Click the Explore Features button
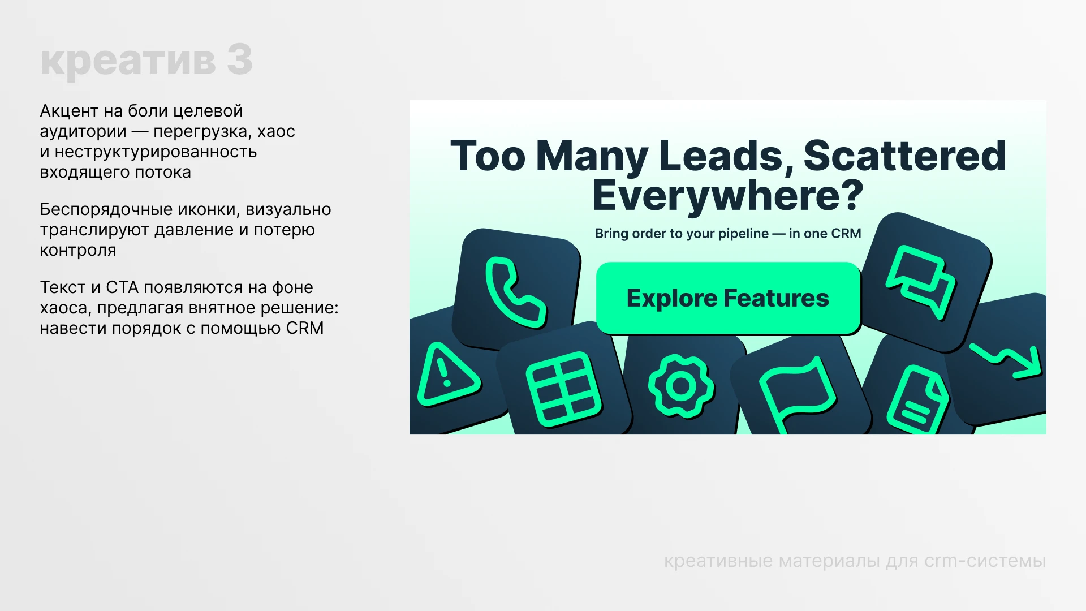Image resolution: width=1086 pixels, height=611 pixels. click(x=728, y=298)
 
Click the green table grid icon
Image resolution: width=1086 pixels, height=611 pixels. click(x=563, y=389)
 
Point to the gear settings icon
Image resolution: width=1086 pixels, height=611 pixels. click(x=681, y=386)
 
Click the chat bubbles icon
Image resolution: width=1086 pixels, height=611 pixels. click(x=921, y=281)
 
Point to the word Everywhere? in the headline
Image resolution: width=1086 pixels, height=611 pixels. click(x=728, y=196)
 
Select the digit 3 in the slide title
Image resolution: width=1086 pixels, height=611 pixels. click(x=240, y=60)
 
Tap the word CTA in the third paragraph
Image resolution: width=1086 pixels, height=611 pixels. click(x=122, y=287)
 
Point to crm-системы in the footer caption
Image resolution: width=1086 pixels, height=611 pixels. click(x=985, y=561)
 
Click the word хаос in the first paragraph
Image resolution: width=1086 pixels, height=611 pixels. click(x=276, y=131)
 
